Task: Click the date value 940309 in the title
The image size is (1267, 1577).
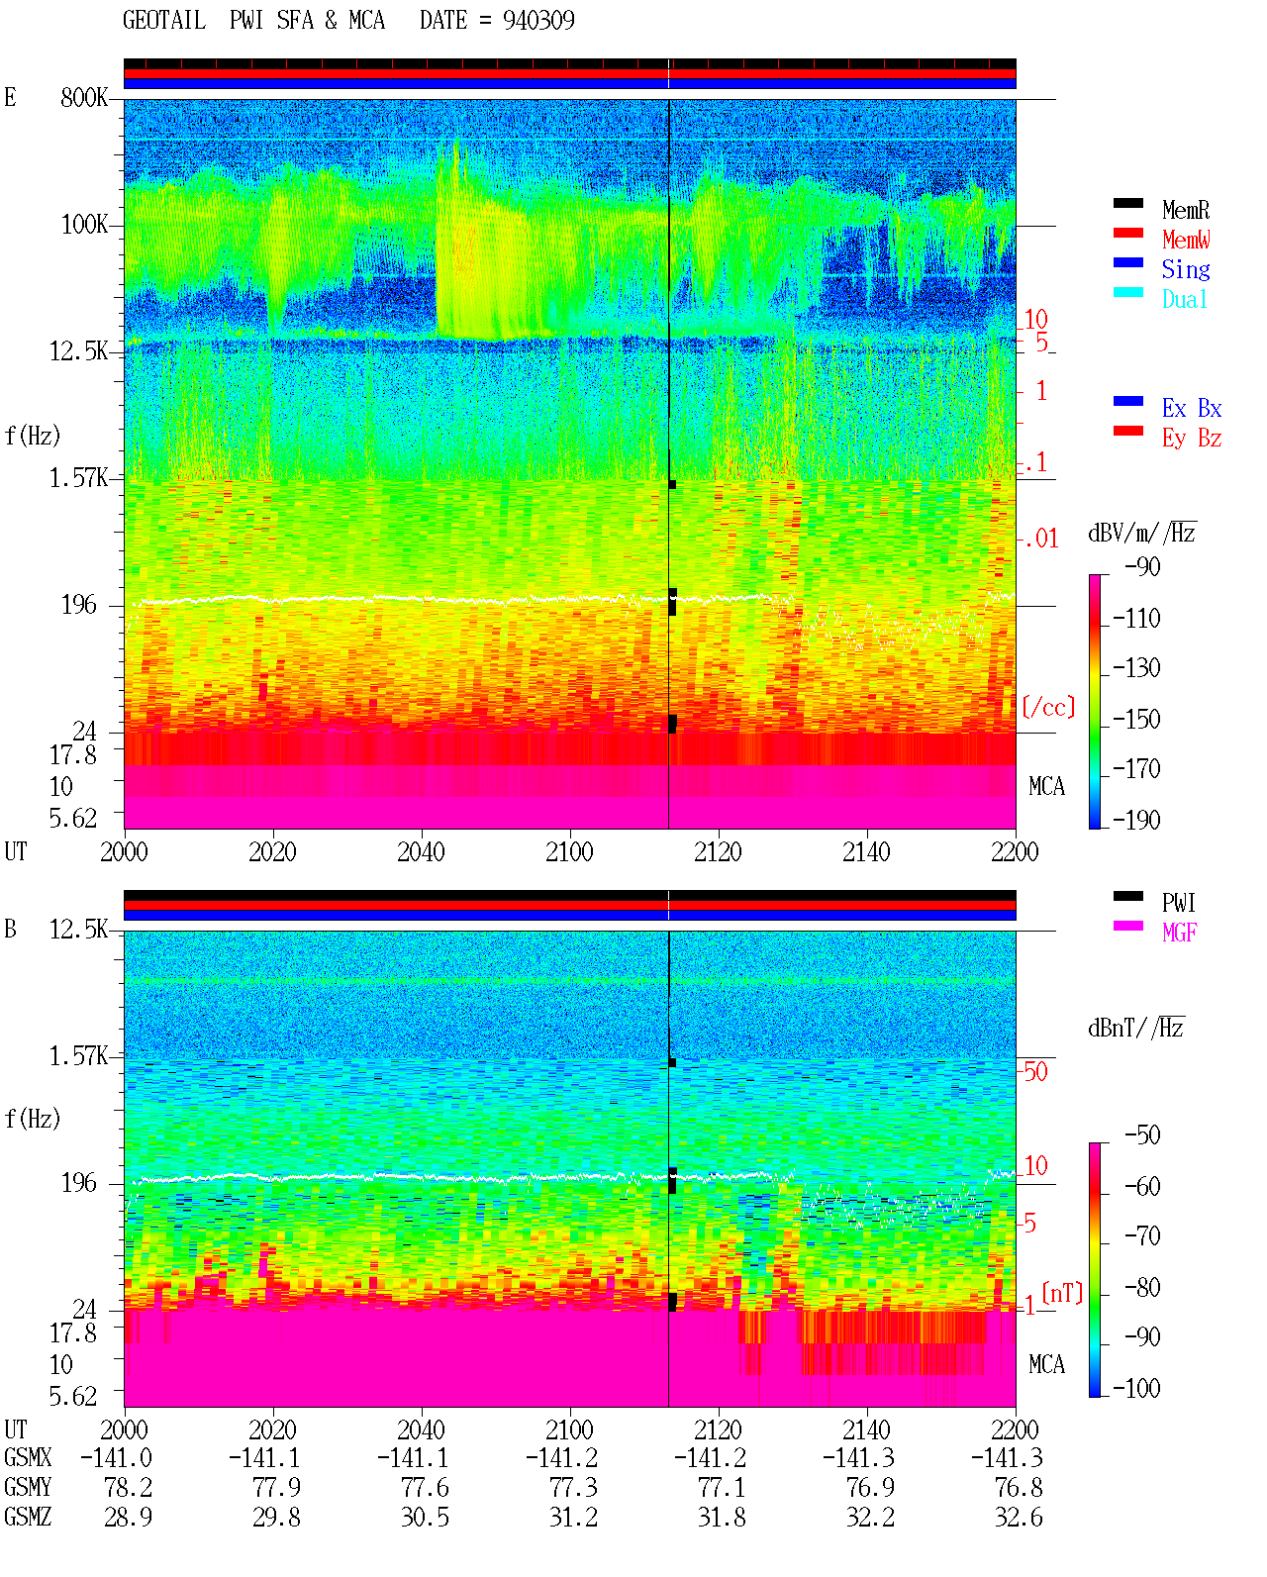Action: [537, 21]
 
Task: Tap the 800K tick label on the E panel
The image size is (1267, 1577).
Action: [84, 97]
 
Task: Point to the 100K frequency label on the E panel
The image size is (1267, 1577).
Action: [84, 225]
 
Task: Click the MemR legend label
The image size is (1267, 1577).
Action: [1185, 210]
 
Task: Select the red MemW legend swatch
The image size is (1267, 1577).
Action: [1127, 233]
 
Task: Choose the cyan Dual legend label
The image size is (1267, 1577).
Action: [1184, 299]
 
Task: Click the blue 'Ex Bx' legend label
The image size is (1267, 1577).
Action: [1192, 408]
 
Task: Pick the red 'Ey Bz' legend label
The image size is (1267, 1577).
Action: [1192, 439]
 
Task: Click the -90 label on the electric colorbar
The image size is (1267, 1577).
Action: [1142, 566]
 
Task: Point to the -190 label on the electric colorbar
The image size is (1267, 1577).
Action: [1136, 820]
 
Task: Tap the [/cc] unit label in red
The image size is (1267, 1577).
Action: [1048, 707]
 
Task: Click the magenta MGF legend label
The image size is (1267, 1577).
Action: [1179, 933]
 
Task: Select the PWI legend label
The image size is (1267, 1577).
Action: [1178, 902]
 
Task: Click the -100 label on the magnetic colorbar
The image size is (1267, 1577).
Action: [1136, 1387]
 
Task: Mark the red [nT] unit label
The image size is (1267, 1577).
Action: [1062, 1293]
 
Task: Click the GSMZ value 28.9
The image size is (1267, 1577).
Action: [129, 1517]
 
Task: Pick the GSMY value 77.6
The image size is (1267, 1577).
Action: [425, 1488]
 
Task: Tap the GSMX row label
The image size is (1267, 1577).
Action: [28, 1457]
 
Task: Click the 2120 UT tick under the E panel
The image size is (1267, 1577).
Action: [719, 851]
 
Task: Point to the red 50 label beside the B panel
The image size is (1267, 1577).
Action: [1035, 1071]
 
